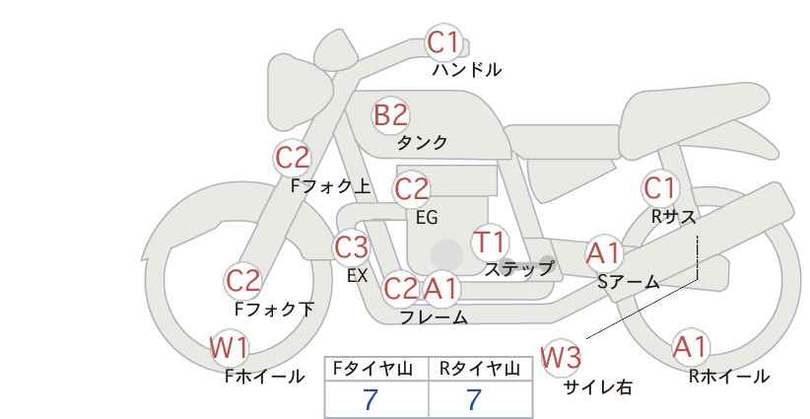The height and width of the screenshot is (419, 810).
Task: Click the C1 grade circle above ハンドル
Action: (x=443, y=42)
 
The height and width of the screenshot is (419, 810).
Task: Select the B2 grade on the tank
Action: (x=390, y=114)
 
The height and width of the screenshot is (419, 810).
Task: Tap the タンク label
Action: (x=422, y=142)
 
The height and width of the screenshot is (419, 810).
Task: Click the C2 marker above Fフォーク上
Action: (x=293, y=158)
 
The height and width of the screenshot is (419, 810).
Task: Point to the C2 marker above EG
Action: (x=411, y=189)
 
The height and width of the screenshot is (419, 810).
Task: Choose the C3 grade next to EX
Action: (x=351, y=247)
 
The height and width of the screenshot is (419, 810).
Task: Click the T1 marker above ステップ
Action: (x=489, y=242)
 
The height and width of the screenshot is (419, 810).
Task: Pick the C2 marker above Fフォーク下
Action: (x=242, y=281)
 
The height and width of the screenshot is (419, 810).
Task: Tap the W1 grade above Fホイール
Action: (x=229, y=348)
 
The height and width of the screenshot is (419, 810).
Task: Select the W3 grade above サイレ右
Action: (x=561, y=357)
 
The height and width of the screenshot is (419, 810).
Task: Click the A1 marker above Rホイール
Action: (x=690, y=347)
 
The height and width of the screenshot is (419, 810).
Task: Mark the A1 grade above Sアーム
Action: (x=603, y=253)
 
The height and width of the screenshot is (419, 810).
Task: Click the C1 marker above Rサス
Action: (x=659, y=188)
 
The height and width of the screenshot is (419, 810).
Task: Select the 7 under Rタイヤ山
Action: (x=474, y=399)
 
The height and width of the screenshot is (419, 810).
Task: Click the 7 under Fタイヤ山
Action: (x=371, y=399)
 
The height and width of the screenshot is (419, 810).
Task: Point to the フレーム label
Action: (x=434, y=316)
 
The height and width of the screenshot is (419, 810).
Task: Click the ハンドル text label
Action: (x=466, y=69)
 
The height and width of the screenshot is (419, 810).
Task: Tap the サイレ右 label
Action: (x=598, y=387)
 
